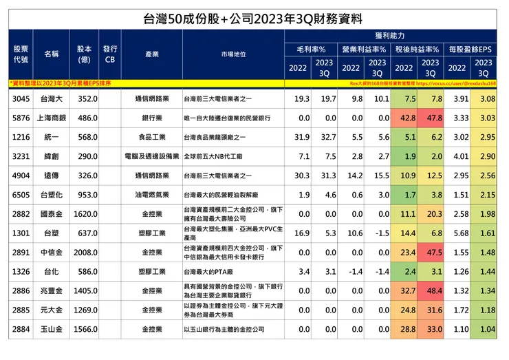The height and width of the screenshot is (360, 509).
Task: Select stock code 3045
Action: (x=21, y=100)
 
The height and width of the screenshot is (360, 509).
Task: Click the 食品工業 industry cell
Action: (x=153, y=138)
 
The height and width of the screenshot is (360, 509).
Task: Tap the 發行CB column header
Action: (x=110, y=54)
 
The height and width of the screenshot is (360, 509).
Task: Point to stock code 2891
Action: (x=21, y=253)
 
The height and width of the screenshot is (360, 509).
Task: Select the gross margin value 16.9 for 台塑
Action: (x=301, y=233)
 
